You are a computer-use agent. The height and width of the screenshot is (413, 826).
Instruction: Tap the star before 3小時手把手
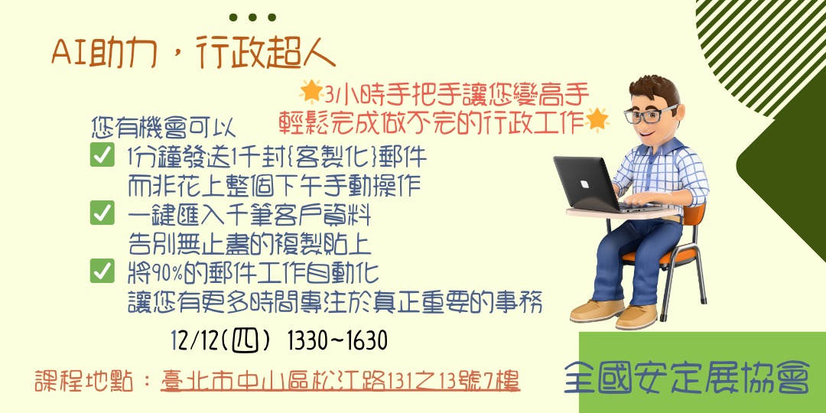[x=311, y=92]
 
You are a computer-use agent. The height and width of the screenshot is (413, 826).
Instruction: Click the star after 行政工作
[x=598, y=119]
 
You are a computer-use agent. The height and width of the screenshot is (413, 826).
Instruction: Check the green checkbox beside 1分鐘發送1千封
[x=102, y=156]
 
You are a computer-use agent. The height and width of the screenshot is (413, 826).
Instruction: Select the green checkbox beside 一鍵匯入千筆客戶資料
[x=102, y=213]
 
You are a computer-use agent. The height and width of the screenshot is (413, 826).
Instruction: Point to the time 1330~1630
[x=337, y=340]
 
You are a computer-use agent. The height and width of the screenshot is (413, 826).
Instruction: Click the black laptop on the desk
[x=585, y=184]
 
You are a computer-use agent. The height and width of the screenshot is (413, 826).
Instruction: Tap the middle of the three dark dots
[x=252, y=18]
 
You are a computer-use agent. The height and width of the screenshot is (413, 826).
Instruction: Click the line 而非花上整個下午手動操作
[x=275, y=185]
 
